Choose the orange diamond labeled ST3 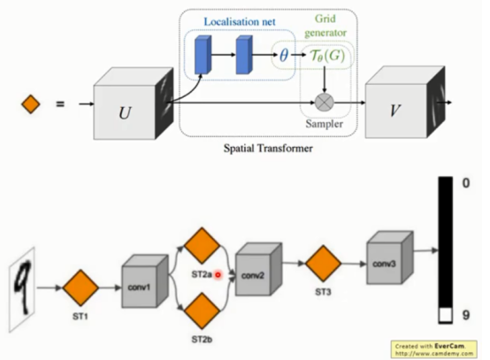(324, 263)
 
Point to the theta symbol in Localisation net (284, 54)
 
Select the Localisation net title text (235, 17)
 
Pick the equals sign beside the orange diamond (60, 104)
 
